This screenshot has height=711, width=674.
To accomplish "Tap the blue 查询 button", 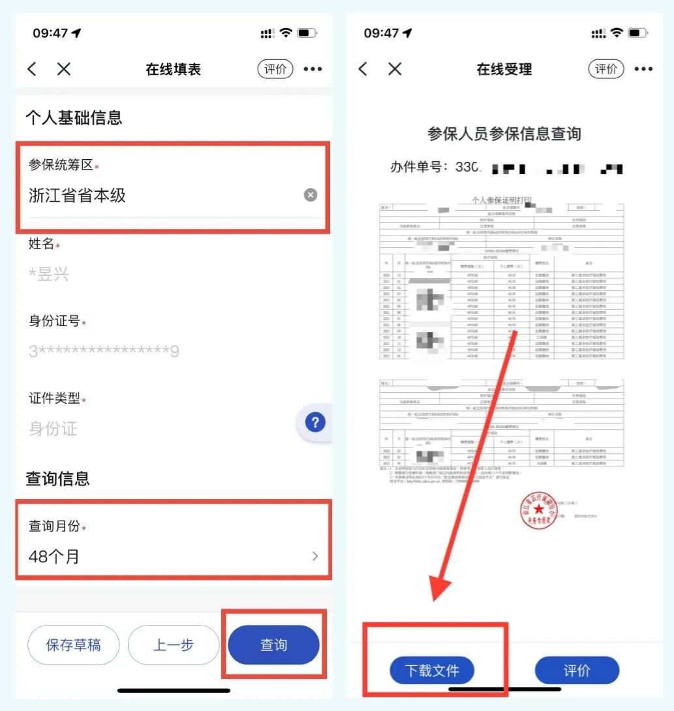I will (273, 645).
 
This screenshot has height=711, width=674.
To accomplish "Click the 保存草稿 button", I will (73, 645).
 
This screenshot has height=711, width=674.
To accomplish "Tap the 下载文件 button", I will (432, 671).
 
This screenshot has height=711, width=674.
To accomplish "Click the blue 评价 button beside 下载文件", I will (576, 671).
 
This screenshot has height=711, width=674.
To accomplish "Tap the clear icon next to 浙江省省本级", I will (311, 195).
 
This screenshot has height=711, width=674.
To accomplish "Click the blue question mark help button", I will (315, 423).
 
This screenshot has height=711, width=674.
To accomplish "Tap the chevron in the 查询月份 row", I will (315, 556).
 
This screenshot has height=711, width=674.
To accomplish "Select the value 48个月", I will (54, 556).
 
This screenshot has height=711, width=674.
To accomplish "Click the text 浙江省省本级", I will (77, 195).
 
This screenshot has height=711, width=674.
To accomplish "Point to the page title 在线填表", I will (173, 69).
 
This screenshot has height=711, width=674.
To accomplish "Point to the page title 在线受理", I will (504, 69).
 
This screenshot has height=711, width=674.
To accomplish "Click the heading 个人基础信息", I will (74, 118).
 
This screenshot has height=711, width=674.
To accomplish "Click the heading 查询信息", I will (57, 479).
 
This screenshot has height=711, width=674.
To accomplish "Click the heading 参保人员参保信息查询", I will (504, 134).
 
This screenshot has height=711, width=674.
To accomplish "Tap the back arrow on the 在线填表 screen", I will (32, 69).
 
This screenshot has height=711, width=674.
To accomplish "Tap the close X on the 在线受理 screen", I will (395, 69).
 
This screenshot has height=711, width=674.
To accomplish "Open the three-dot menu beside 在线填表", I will (313, 69).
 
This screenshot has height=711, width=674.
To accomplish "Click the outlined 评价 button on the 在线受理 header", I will (606, 69).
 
